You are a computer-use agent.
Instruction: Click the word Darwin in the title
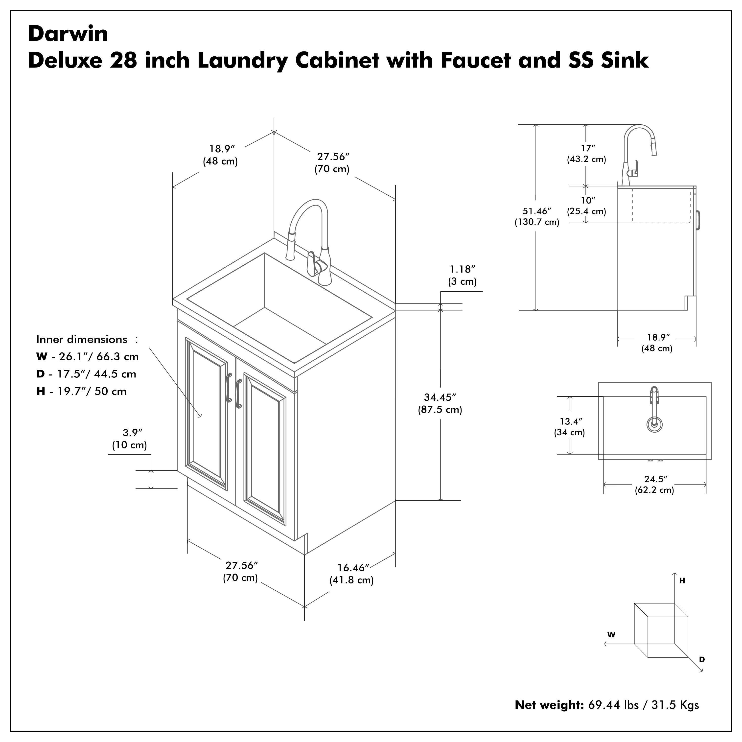pyautogui.click(x=68, y=34)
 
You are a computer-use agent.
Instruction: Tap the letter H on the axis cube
pyautogui.click(x=682, y=581)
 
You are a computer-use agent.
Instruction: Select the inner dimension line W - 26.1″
pyautogui.click(x=88, y=357)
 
